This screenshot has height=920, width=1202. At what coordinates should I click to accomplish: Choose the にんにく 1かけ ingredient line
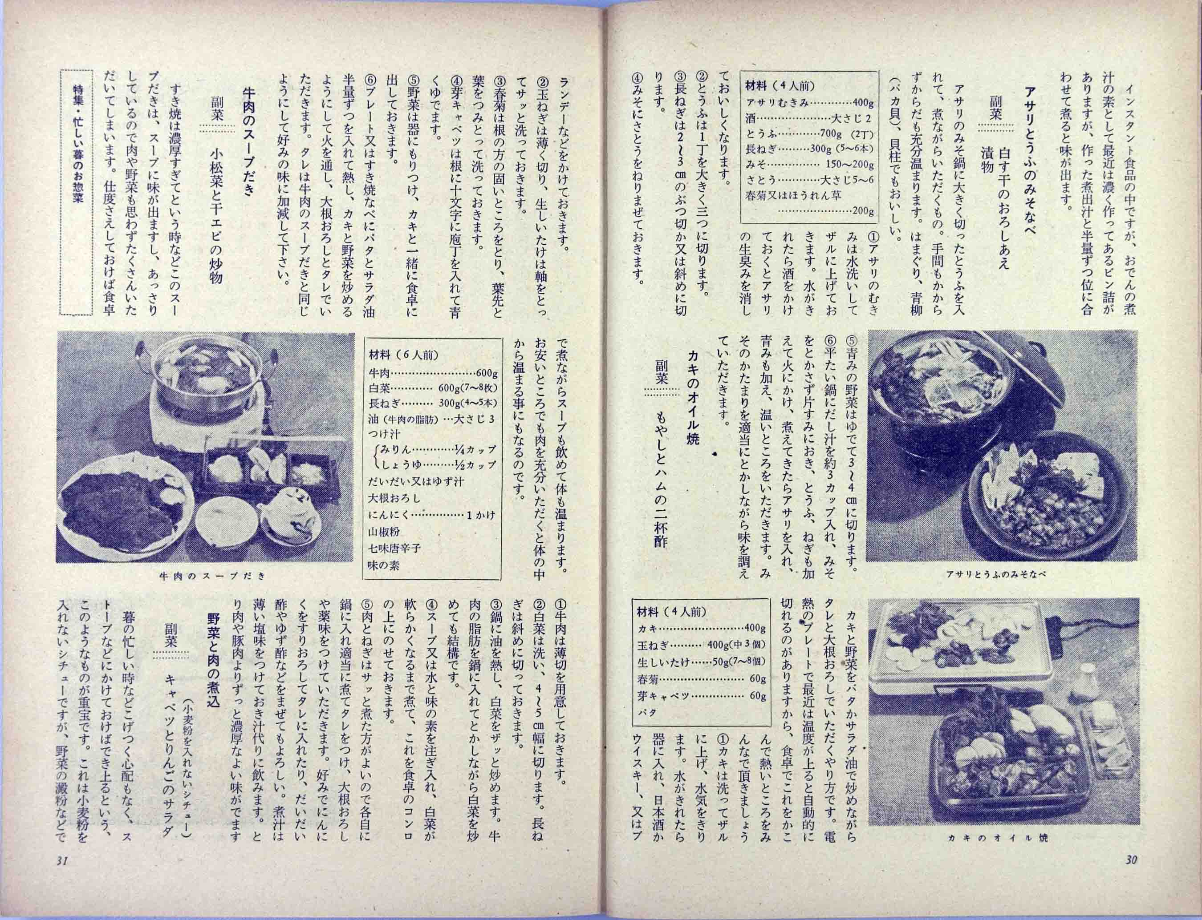tap(433, 515)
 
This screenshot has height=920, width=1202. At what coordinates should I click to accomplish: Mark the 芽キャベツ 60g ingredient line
tap(701, 695)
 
